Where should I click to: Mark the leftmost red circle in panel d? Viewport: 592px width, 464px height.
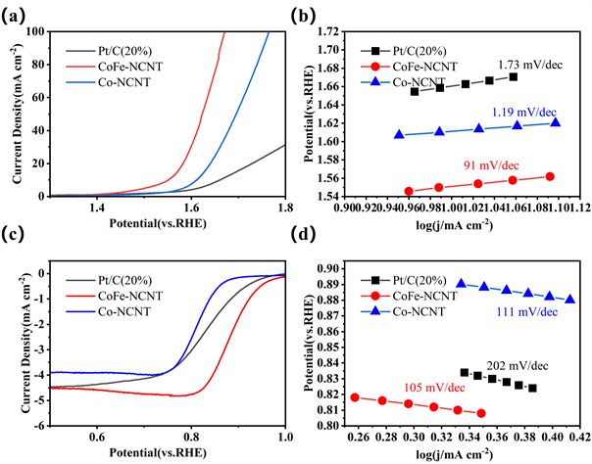coord(355,397)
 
